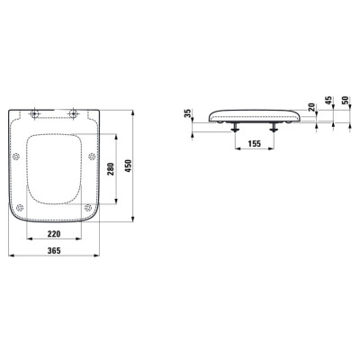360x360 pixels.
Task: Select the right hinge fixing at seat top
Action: [74, 114]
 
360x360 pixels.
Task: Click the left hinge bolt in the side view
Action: [237, 128]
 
